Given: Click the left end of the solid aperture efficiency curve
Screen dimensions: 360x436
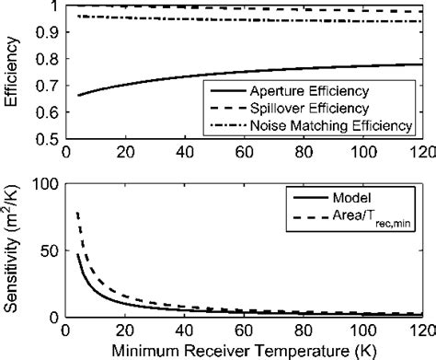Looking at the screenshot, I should pos(80,95).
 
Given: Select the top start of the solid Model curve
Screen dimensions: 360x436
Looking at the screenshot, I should pos(78,254).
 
